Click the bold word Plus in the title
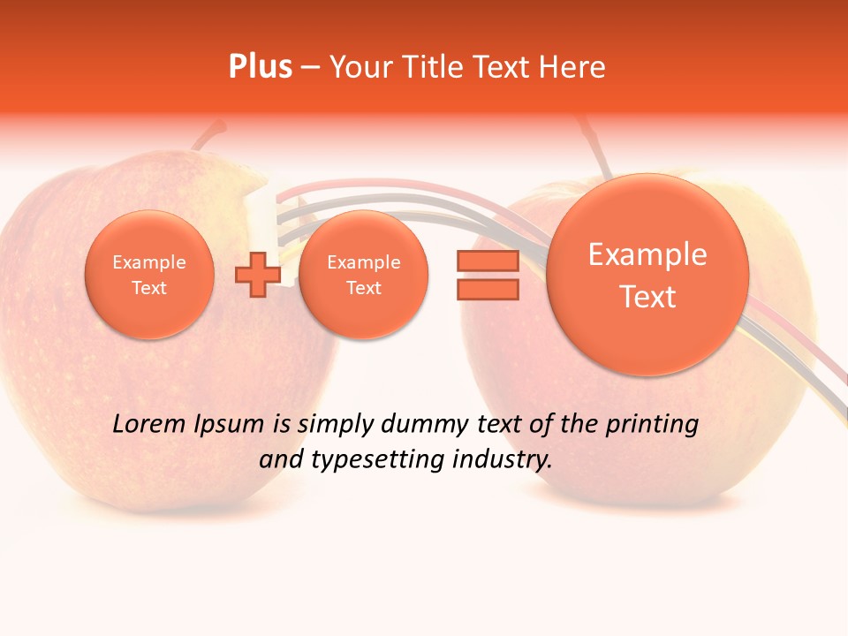260,67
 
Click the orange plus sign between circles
257,275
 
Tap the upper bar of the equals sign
487,261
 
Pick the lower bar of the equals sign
487,289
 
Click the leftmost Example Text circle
149,275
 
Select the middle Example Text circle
363,275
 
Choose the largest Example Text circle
647,275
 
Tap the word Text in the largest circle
647,297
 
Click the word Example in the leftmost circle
149,262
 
